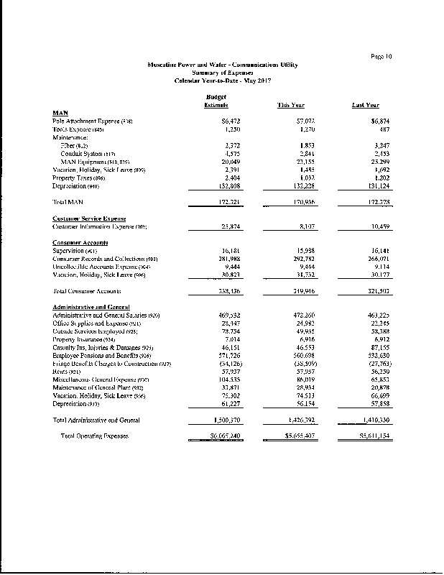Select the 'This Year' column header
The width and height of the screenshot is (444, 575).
(291, 106)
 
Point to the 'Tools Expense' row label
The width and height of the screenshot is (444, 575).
(80, 129)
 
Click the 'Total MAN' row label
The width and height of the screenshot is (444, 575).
(69, 203)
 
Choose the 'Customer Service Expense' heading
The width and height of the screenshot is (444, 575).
(89, 218)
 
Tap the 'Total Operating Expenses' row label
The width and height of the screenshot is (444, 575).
(94, 436)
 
